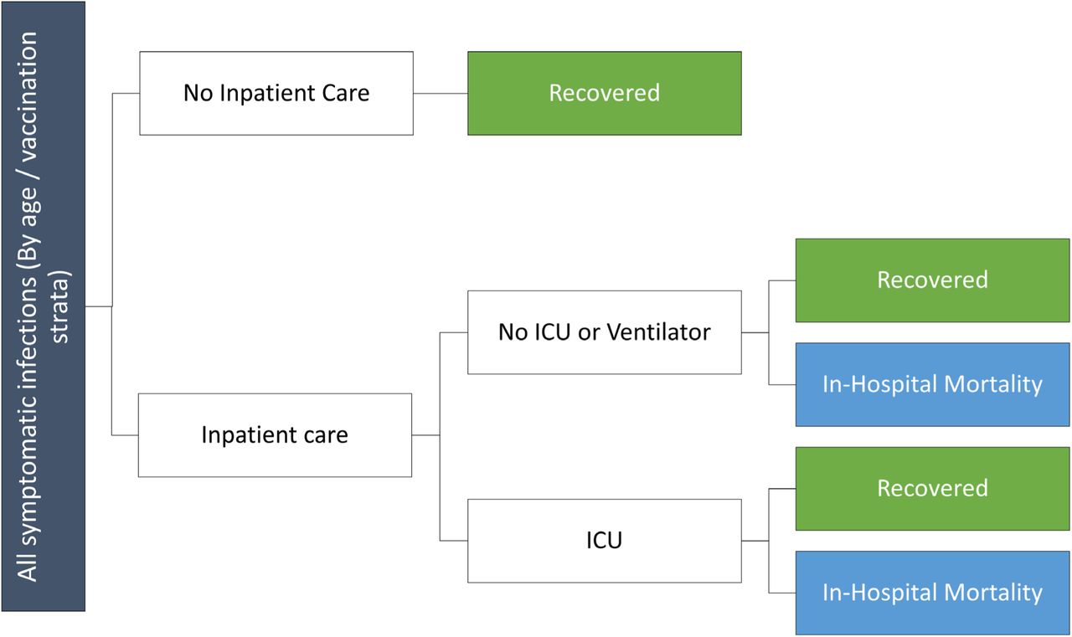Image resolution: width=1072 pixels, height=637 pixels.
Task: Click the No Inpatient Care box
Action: pos(276,93)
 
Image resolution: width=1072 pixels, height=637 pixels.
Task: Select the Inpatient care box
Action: pos(275,435)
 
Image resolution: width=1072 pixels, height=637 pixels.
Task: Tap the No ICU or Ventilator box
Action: pos(605,332)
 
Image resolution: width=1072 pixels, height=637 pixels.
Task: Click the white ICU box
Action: pos(605,541)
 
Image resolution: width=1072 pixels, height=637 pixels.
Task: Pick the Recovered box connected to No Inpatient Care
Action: pos(605,93)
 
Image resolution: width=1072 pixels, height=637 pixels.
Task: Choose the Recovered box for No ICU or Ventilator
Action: pos(932,280)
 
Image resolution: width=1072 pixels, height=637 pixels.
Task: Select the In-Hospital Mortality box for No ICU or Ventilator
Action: pos(932,384)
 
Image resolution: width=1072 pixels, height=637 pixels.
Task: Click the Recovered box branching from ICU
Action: pos(932,489)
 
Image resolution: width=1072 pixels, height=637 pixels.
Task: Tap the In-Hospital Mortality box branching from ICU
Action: pos(932,593)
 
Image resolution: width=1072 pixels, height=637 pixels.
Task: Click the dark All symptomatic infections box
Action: pos(43,306)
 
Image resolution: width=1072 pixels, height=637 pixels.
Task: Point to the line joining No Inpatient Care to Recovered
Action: pos(441,93)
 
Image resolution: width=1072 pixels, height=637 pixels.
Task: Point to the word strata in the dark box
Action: pos(60,306)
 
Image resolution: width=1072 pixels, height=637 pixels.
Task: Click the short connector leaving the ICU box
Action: pos(755,541)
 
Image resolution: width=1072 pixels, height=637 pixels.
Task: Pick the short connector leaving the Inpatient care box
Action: pos(426,435)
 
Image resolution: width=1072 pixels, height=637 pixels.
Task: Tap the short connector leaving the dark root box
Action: pos(99,306)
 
